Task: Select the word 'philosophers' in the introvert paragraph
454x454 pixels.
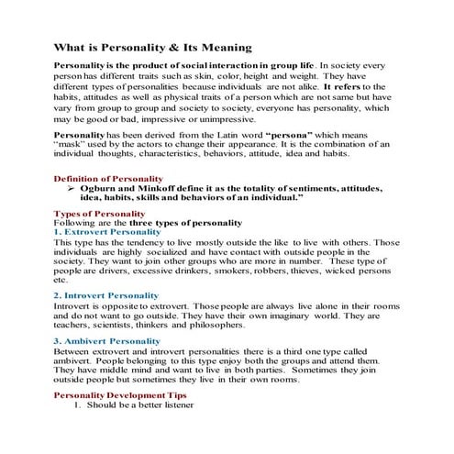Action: (219, 325)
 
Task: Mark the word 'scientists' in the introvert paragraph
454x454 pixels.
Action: (119, 325)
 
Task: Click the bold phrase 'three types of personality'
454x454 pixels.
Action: (184, 222)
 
